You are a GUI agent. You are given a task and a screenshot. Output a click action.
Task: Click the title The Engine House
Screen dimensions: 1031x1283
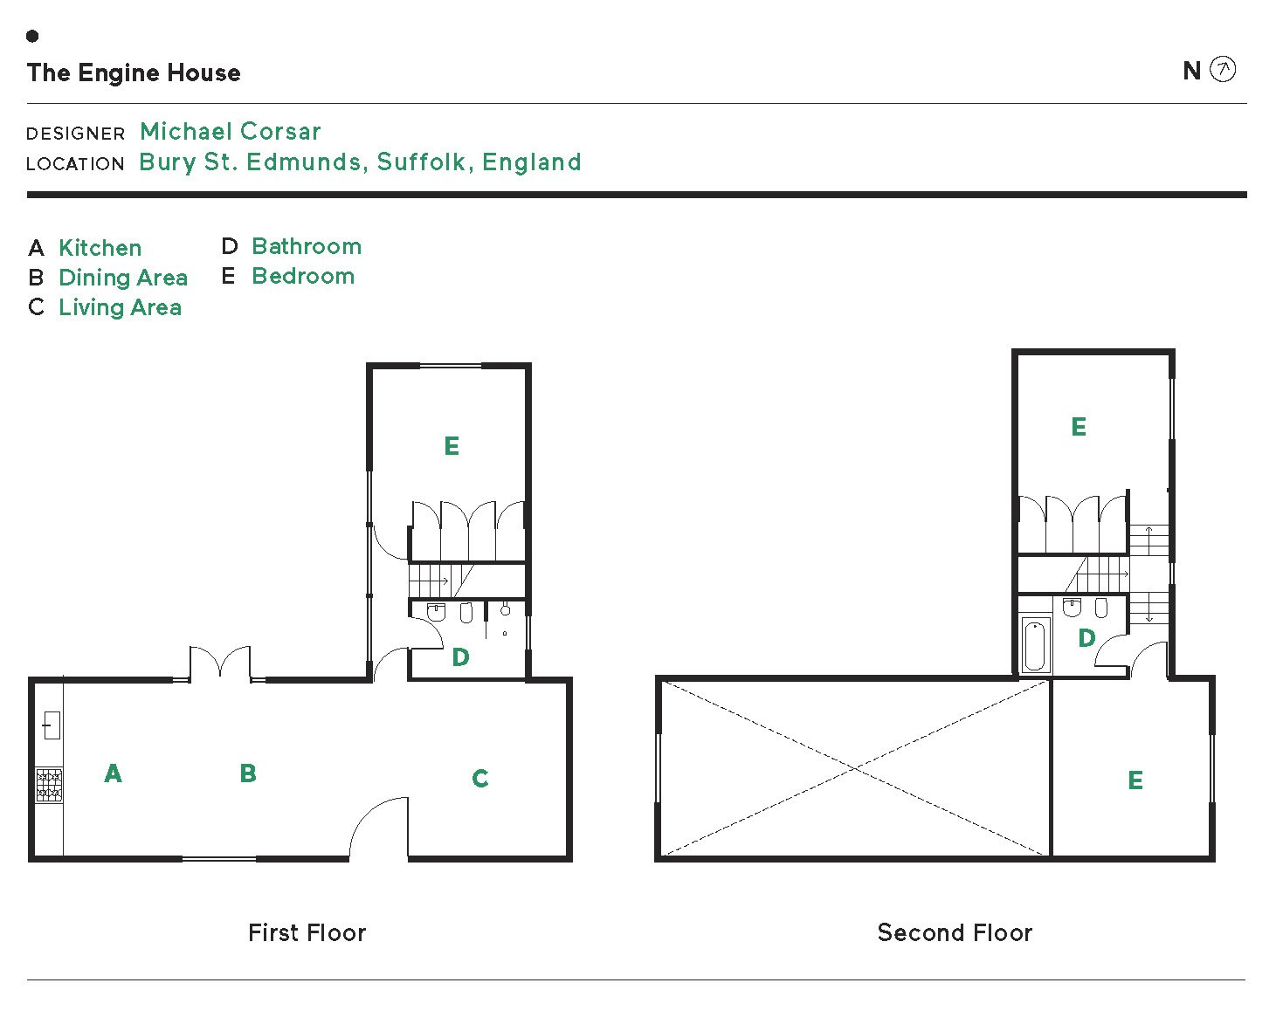pyautogui.click(x=134, y=72)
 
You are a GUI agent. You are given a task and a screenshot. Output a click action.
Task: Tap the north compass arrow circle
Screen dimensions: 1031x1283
pyautogui.click(x=1223, y=70)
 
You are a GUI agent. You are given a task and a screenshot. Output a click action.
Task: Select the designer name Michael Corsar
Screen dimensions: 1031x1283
pyautogui.click(x=231, y=132)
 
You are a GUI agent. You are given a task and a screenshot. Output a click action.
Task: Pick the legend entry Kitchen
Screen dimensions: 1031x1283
pyautogui.click(x=100, y=248)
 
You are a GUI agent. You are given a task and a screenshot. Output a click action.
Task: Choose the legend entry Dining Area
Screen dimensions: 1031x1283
pyautogui.click(x=122, y=278)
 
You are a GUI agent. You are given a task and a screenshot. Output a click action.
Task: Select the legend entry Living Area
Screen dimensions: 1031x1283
pyautogui.click(x=120, y=307)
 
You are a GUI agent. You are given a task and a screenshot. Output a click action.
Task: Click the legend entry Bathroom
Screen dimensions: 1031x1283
pyautogui.click(x=306, y=246)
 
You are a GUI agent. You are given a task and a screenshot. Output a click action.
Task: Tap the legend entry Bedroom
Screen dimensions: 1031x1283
pyautogui.click(x=302, y=276)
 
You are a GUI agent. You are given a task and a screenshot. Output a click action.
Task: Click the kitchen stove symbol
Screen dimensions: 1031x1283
pyautogui.click(x=49, y=785)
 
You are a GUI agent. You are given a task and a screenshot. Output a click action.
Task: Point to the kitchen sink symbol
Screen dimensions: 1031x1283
pyautogui.click(x=51, y=725)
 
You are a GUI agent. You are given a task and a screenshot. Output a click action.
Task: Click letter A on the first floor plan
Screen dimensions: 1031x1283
pyautogui.click(x=113, y=773)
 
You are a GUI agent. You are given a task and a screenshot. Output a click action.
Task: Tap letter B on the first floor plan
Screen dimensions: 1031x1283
pyautogui.click(x=248, y=773)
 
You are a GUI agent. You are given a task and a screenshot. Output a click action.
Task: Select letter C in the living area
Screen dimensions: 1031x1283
pyautogui.click(x=479, y=779)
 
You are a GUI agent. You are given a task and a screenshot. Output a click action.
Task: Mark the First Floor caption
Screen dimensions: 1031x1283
pyautogui.click(x=307, y=932)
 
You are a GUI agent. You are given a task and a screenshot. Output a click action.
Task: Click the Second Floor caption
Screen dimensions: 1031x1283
pyautogui.click(x=955, y=932)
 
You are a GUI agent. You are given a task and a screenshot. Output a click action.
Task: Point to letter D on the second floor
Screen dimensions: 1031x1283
pyautogui.click(x=1086, y=638)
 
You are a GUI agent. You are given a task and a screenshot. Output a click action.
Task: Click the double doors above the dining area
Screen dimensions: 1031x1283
pyautogui.click(x=220, y=663)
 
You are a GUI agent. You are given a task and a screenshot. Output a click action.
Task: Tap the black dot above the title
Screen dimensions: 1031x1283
pyautogui.click(x=32, y=36)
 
